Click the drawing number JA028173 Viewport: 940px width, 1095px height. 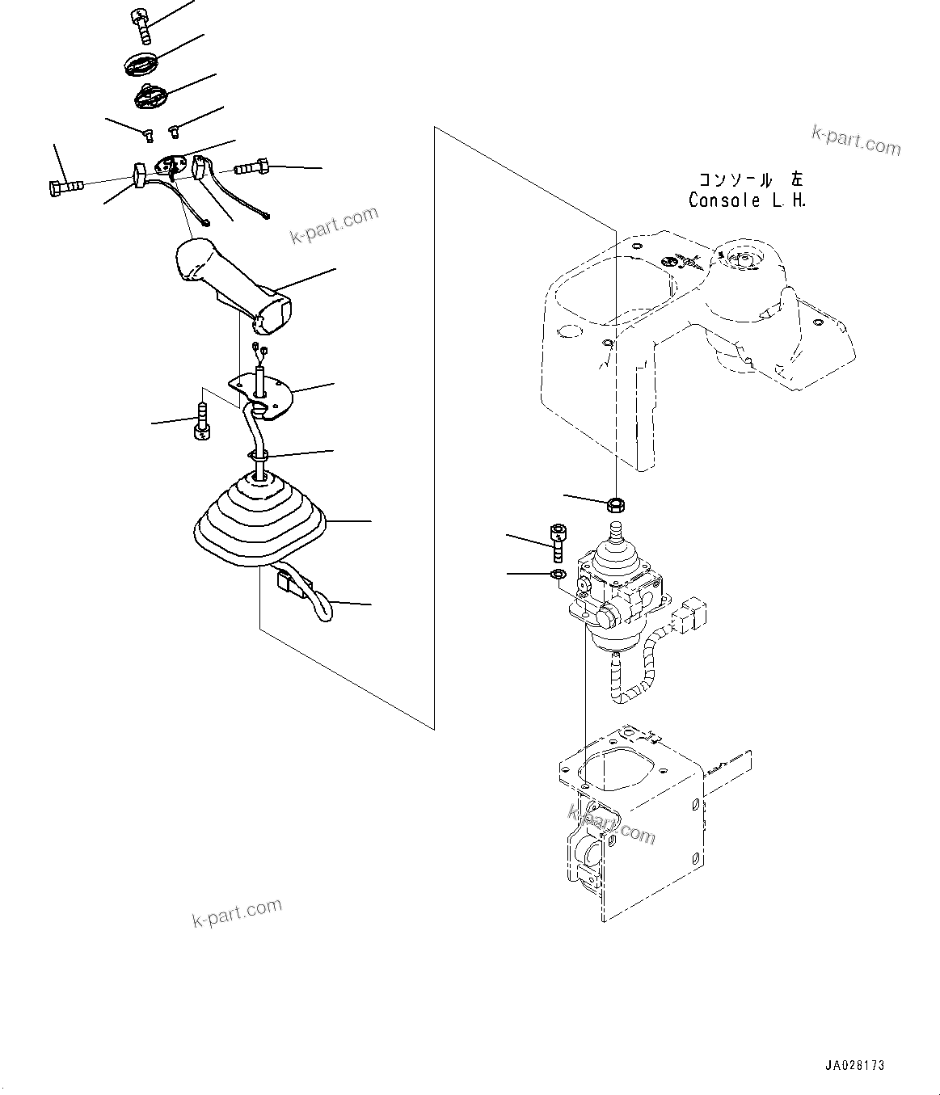click(x=854, y=1066)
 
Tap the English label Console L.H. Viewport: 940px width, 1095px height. click(x=746, y=200)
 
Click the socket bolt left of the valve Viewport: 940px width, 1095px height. click(x=557, y=543)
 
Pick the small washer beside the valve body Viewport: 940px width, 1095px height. click(x=557, y=574)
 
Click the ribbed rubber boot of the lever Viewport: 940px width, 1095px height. click(x=260, y=519)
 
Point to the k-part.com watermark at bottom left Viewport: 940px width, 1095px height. click(x=237, y=913)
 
